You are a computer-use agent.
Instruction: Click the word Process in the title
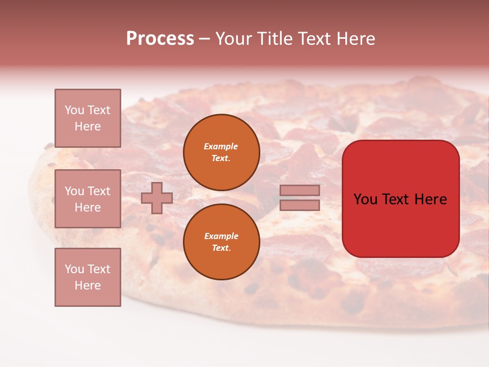160,38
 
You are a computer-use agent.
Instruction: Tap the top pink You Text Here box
88,118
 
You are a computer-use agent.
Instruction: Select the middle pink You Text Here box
88,199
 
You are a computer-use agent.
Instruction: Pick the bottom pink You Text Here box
88,277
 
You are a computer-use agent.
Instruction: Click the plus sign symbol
157,198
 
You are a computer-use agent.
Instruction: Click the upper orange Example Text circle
222,152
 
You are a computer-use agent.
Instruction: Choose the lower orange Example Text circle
222,242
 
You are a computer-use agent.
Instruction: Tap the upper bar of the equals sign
300,190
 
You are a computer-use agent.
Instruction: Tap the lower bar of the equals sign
300,205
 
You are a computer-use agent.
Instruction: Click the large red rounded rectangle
400,224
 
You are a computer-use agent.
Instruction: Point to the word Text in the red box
396,199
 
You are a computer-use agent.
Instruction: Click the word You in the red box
365,199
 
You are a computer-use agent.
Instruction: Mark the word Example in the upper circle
221,146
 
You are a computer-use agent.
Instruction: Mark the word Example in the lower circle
221,236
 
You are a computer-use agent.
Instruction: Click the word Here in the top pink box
88,126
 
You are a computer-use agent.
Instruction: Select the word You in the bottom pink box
74,269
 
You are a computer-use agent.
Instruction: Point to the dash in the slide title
204,39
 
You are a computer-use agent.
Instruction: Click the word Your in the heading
233,38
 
